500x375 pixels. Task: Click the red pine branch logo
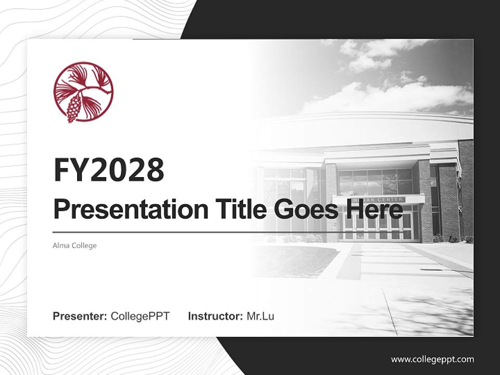pyautogui.click(x=83, y=92)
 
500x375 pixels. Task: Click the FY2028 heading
pyautogui.click(x=109, y=170)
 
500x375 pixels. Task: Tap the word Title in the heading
pyautogui.click(x=236, y=209)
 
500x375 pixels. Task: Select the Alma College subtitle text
pyautogui.click(x=74, y=245)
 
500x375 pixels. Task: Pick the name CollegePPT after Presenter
pyautogui.click(x=140, y=316)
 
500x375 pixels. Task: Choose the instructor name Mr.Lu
pyautogui.click(x=260, y=316)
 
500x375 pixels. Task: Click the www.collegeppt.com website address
pyautogui.click(x=432, y=359)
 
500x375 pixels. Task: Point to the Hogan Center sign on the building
pyautogui.click(x=379, y=200)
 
